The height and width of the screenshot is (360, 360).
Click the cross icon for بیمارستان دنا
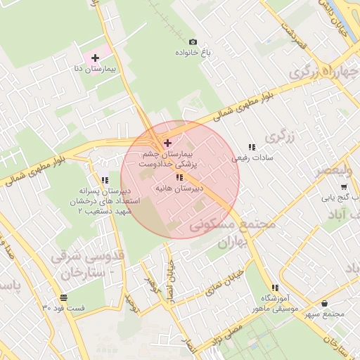click(96, 57)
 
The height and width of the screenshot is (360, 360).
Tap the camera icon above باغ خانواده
click(193, 41)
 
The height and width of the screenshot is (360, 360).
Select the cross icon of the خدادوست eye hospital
click(167, 143)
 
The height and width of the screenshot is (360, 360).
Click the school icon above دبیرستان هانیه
click(180, 177)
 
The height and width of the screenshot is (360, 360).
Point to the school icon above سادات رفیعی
click(251, 148)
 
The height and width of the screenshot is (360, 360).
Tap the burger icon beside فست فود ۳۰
click(64, 298)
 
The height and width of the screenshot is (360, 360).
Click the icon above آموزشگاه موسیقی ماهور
click(275, 288)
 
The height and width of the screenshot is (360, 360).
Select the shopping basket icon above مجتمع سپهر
click(324, 303)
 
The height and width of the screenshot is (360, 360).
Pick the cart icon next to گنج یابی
click(344, 187)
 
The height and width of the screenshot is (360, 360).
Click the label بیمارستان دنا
click(96, 70)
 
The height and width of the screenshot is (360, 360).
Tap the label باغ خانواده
click(194, 53)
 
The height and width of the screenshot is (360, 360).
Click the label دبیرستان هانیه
click(180, 189)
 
